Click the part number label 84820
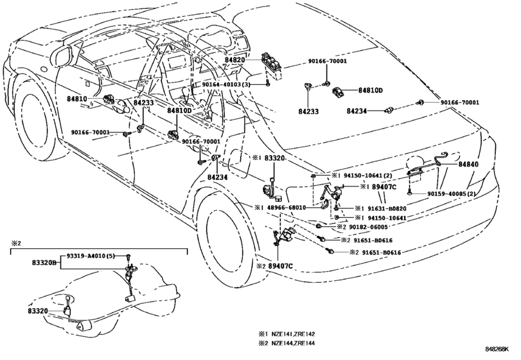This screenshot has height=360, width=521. click(234, 60)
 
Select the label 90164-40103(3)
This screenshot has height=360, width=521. click(226, 85)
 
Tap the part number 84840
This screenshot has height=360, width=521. click(468, 164)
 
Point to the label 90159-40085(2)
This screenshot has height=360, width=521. click(451, 194)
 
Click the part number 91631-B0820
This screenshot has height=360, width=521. click(387, 208)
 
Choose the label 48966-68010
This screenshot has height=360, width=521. click(287, 208)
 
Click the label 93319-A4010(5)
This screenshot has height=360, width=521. click(91, 256)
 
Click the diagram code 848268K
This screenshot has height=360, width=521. click(497, 349)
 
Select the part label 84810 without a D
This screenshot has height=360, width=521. click(76, 99)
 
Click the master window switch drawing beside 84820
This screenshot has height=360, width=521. click(272, 65)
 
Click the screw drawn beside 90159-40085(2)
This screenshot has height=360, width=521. click(409, 192)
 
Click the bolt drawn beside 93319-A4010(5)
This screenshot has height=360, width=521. click(129, 256)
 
